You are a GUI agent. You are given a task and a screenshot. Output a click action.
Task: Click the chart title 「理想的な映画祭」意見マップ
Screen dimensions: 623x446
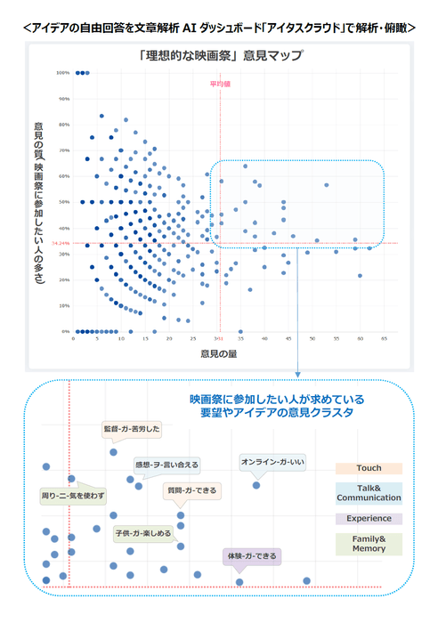[221, 55]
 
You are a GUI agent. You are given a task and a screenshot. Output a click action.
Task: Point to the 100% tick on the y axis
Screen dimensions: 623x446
[63, 73]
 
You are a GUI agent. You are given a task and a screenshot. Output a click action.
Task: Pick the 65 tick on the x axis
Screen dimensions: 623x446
[384, 339]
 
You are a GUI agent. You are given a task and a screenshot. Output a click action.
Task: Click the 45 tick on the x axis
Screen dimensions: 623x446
[288, 339]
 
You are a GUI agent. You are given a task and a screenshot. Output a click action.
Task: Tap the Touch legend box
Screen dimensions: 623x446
[369, 468]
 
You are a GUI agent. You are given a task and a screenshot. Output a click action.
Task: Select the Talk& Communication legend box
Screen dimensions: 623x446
[369, 493]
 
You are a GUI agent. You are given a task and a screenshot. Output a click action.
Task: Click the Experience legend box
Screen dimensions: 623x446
[369, 518]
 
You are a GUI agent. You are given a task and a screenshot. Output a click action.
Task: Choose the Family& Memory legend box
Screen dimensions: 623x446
[369, 544]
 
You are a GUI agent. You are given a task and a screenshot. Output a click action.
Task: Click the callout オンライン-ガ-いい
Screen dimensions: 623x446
[272, 461]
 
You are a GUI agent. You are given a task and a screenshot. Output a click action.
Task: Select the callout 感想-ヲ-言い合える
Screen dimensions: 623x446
[166, 465]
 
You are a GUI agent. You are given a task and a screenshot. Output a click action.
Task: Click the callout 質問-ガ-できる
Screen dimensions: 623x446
[192, 490]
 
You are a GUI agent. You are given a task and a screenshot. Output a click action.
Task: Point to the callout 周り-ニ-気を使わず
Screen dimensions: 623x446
[73, 494]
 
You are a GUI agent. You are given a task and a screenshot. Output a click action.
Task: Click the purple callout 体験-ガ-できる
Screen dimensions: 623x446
[252, 556]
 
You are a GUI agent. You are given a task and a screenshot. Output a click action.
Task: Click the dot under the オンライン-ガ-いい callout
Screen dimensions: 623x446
[256, 485]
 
